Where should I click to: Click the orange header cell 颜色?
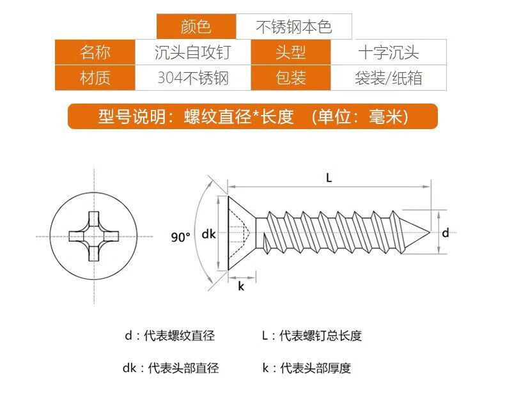pyautogui.click(x=196, y=27)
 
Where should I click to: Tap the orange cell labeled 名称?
pyautogui.click(x=95, y=52)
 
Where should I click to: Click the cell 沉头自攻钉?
pyautogui.click(x=192, y=52)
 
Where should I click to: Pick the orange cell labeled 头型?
pyautogui.click(x=291, y=52)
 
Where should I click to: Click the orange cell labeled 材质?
pyautogui.click(x=95, y=78)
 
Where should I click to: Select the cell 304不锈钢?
pyautogui.click(x=192, y=78)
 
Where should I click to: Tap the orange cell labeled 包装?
pyautogui.click(x=291, y=78)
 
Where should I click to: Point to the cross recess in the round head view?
pyautogui.click(x=94, y=234)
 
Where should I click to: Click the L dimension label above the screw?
pyautogui.click(x=329, y=179)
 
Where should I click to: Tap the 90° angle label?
pyautogui.click(x=181, y=237)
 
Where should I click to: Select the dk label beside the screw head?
pyautogui.click(x=208, y=234)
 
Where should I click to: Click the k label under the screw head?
pyautogui.click(x=241, y=286)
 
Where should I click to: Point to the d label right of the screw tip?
pyautogui.click(x=446, y=233)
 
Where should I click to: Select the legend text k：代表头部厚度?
pyautogui.click(x=306, y=368)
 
